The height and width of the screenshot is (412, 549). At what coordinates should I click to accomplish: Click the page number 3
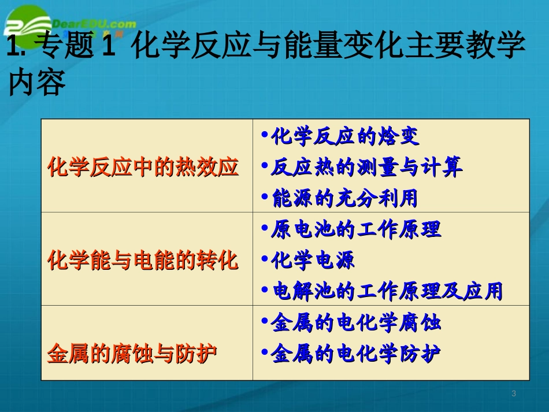click(x=514, y=394)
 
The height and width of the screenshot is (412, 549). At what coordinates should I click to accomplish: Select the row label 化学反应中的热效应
click(x=143, y=168)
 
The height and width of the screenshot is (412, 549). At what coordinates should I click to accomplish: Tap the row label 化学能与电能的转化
click(x=143, y=260)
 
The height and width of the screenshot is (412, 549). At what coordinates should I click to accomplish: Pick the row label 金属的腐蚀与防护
click(x=132, y=352)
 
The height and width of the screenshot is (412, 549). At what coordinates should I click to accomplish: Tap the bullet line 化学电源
click(x=313, y=260)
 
